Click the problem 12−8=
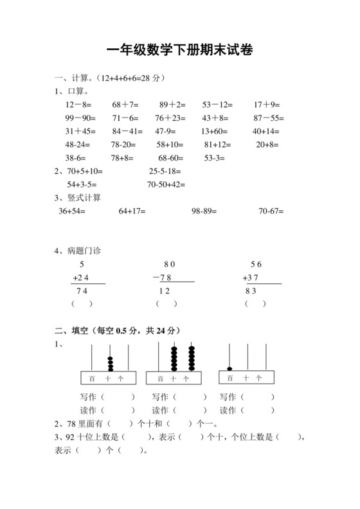[x=78, y=104]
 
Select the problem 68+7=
[x=125, y=104]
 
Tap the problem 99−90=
[x=80, y=118]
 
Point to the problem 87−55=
[x=269, y=118]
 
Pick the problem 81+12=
[x=217, y=145]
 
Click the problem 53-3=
[x=215, y=158]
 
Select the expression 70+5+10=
[x=85, y=172]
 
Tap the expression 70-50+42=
[x=166, y=184]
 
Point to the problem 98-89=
[x=204, y=211]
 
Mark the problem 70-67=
[x=271, y=211]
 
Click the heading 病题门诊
[x=84, y=251]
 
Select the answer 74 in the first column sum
[x=82, y=291]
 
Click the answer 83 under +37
[x=251, y=291]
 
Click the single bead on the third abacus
[x=230, y=369]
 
